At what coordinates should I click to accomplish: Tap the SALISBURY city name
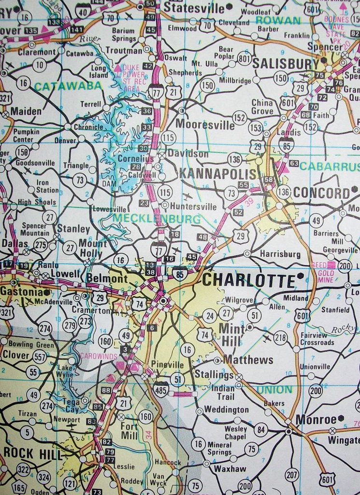[x=285, y=64]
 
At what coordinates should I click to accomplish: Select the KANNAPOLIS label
[x=217, y=174]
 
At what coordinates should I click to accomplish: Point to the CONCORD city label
[x=321, y=192]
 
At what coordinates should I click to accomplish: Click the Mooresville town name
[x=205, y=125]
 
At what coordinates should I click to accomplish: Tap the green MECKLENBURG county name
[x=156, y=219]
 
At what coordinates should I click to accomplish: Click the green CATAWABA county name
[x=68, y=86]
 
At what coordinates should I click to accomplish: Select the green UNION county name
[x=274, y=389]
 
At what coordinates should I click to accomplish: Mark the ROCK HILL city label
[x=33, y=454]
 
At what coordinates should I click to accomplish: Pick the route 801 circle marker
[x=245, y=59]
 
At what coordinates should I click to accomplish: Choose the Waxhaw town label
[x=230, y=468]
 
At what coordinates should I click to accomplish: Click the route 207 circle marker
[x=292, y=475]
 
